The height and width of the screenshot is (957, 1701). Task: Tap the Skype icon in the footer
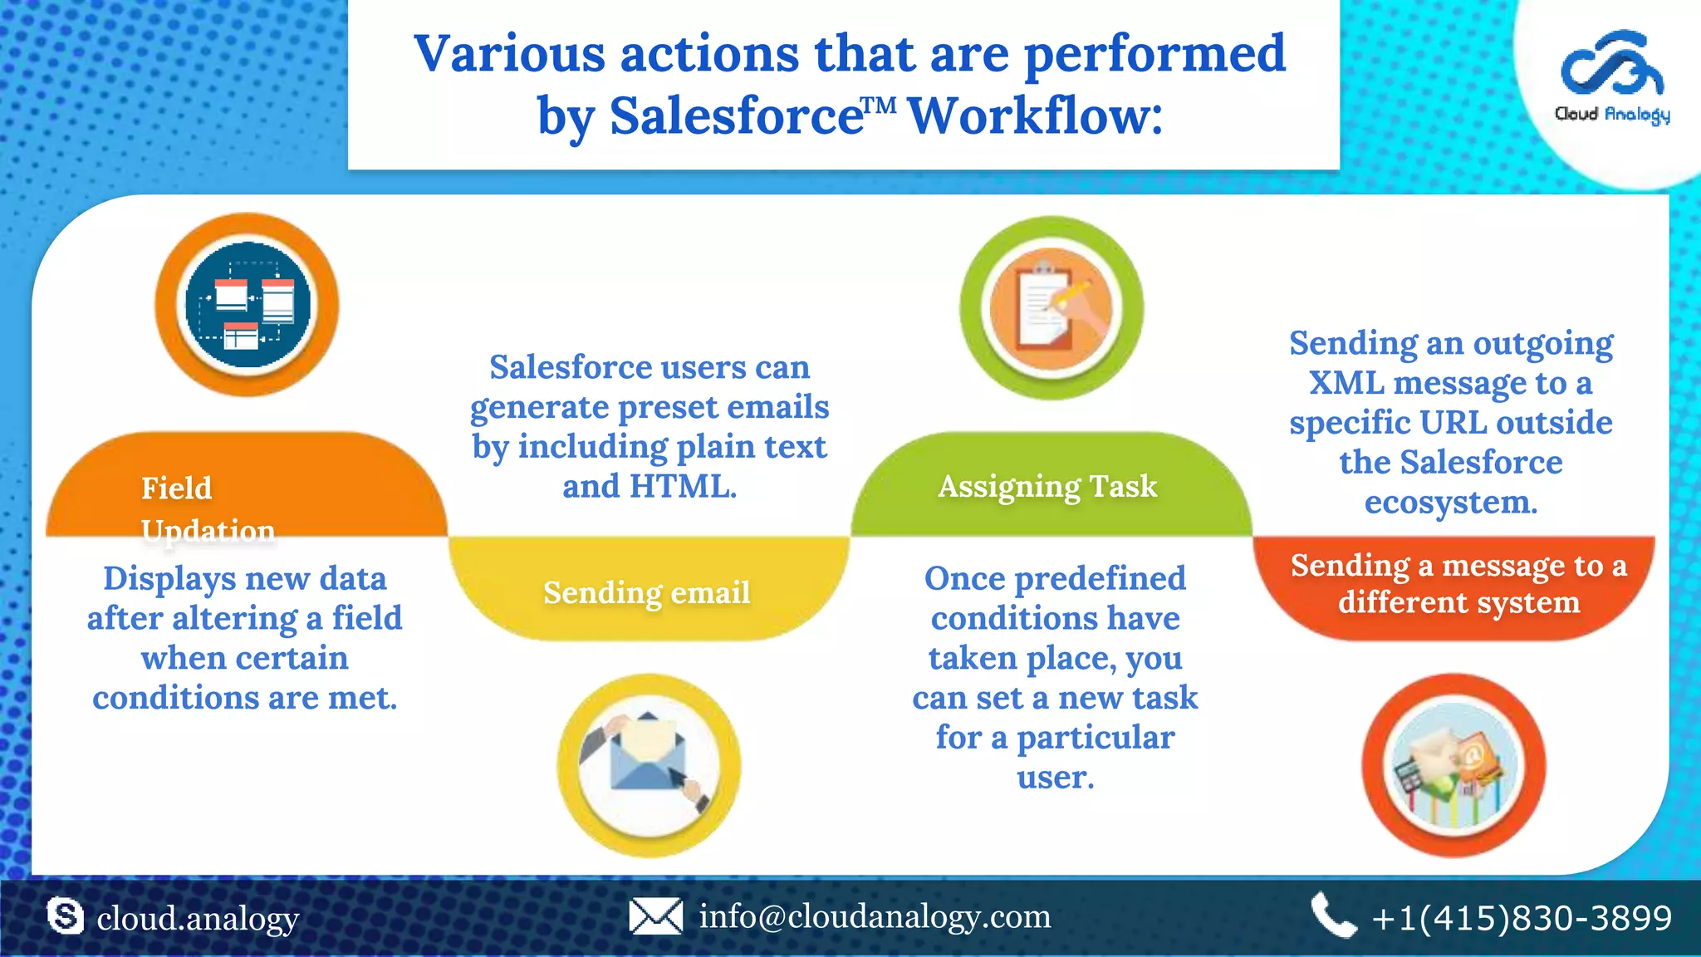pos(65,917)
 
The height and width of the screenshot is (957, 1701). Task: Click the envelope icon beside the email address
pos(655,917)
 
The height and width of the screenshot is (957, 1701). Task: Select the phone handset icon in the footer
pos(1333,915)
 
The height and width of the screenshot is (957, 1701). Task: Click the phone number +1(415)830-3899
pos(1522,918)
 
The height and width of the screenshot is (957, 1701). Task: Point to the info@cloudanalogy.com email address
pos(875,916)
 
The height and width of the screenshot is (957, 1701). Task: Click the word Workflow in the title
pos(1035,115)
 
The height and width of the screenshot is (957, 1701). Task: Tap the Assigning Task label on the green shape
pos(1047,486)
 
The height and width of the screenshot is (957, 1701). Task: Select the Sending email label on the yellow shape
pos(646,592)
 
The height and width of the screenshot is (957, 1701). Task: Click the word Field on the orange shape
pos(176,488)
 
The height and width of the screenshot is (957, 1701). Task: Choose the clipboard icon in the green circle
pos(1051,307)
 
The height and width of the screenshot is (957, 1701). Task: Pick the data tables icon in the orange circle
pos(247,305)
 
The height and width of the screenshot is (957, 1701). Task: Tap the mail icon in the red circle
pos(1453,765)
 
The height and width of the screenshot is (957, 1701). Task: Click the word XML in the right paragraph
pos(1346,383)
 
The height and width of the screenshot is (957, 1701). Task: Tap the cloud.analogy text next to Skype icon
pos(198,919)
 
